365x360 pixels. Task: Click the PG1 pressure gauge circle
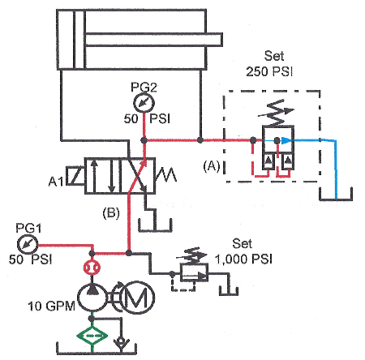click(28, 243)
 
